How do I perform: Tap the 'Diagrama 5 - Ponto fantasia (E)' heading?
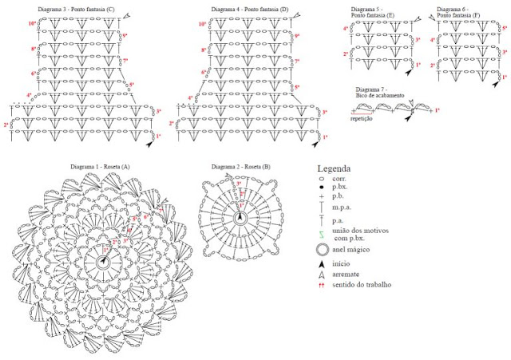click(x=378, y=13)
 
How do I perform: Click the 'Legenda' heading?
click(x=335, y=169)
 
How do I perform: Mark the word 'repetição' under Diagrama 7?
click(x=362, y=117)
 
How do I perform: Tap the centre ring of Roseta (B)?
click(x=240, y=219)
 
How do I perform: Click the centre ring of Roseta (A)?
click(x=104, y=261)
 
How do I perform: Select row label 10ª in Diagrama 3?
click(x=32, y=24)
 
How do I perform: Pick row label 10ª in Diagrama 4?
click(x=202, y=24)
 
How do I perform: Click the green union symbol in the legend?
click(x=321, y=234)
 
